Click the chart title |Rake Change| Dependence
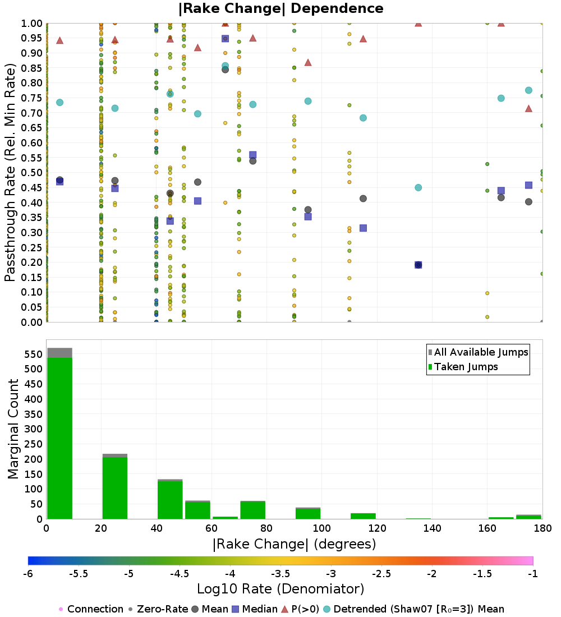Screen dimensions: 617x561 point(280,8)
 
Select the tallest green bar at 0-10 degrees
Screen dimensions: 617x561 point(59,438)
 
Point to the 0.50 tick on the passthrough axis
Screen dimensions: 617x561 point(33,173)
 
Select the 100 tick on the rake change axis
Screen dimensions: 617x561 point(321,528)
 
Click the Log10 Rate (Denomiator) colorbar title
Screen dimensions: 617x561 point(280,589)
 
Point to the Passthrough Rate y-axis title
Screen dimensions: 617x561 point(10,173)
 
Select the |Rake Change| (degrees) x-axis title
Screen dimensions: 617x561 point(294,544)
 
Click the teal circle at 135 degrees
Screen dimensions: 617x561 point(418,187)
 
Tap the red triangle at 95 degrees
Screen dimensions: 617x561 point(307,62)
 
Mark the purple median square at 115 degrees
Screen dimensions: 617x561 point(363,228)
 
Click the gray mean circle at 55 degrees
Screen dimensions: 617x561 point(197,182)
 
